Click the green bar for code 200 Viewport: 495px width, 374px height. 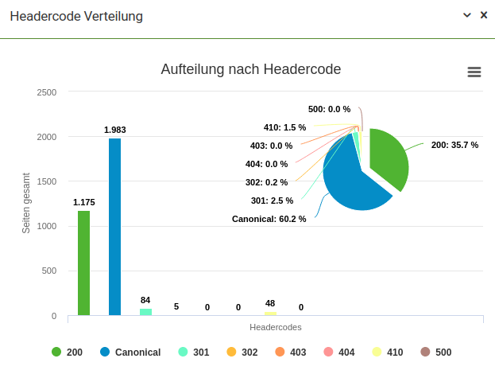click(x=83, y=263)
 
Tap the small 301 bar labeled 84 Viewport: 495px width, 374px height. click(x=145, y=311)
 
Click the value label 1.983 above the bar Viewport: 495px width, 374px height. click(x=114, y=130)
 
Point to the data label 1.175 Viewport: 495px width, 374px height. click(x=83, y=202)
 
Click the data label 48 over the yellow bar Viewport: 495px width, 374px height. click(x=270, y=303)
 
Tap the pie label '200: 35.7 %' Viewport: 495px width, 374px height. click(x=454, y=145)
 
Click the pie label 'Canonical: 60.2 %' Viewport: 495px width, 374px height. click(x=269, y=219)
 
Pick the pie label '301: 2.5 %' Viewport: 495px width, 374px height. click(x=272, y=201)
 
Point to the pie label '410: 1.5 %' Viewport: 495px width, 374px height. click(x=284, y=127)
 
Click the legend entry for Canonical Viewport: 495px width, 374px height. click(x=130, y=352)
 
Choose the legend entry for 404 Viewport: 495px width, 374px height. click(x=338, y=352)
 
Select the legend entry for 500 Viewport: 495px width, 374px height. click(x=435, y=352)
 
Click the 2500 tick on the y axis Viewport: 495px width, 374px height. click(x=47, y=92)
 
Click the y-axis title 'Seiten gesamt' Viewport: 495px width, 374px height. click(x=26, y=203)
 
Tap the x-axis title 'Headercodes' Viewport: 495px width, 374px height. click(x=275, y=327)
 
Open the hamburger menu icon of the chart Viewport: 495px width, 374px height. click(x=474, y=72)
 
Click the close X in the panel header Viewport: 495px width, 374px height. click(x=483, y=15)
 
